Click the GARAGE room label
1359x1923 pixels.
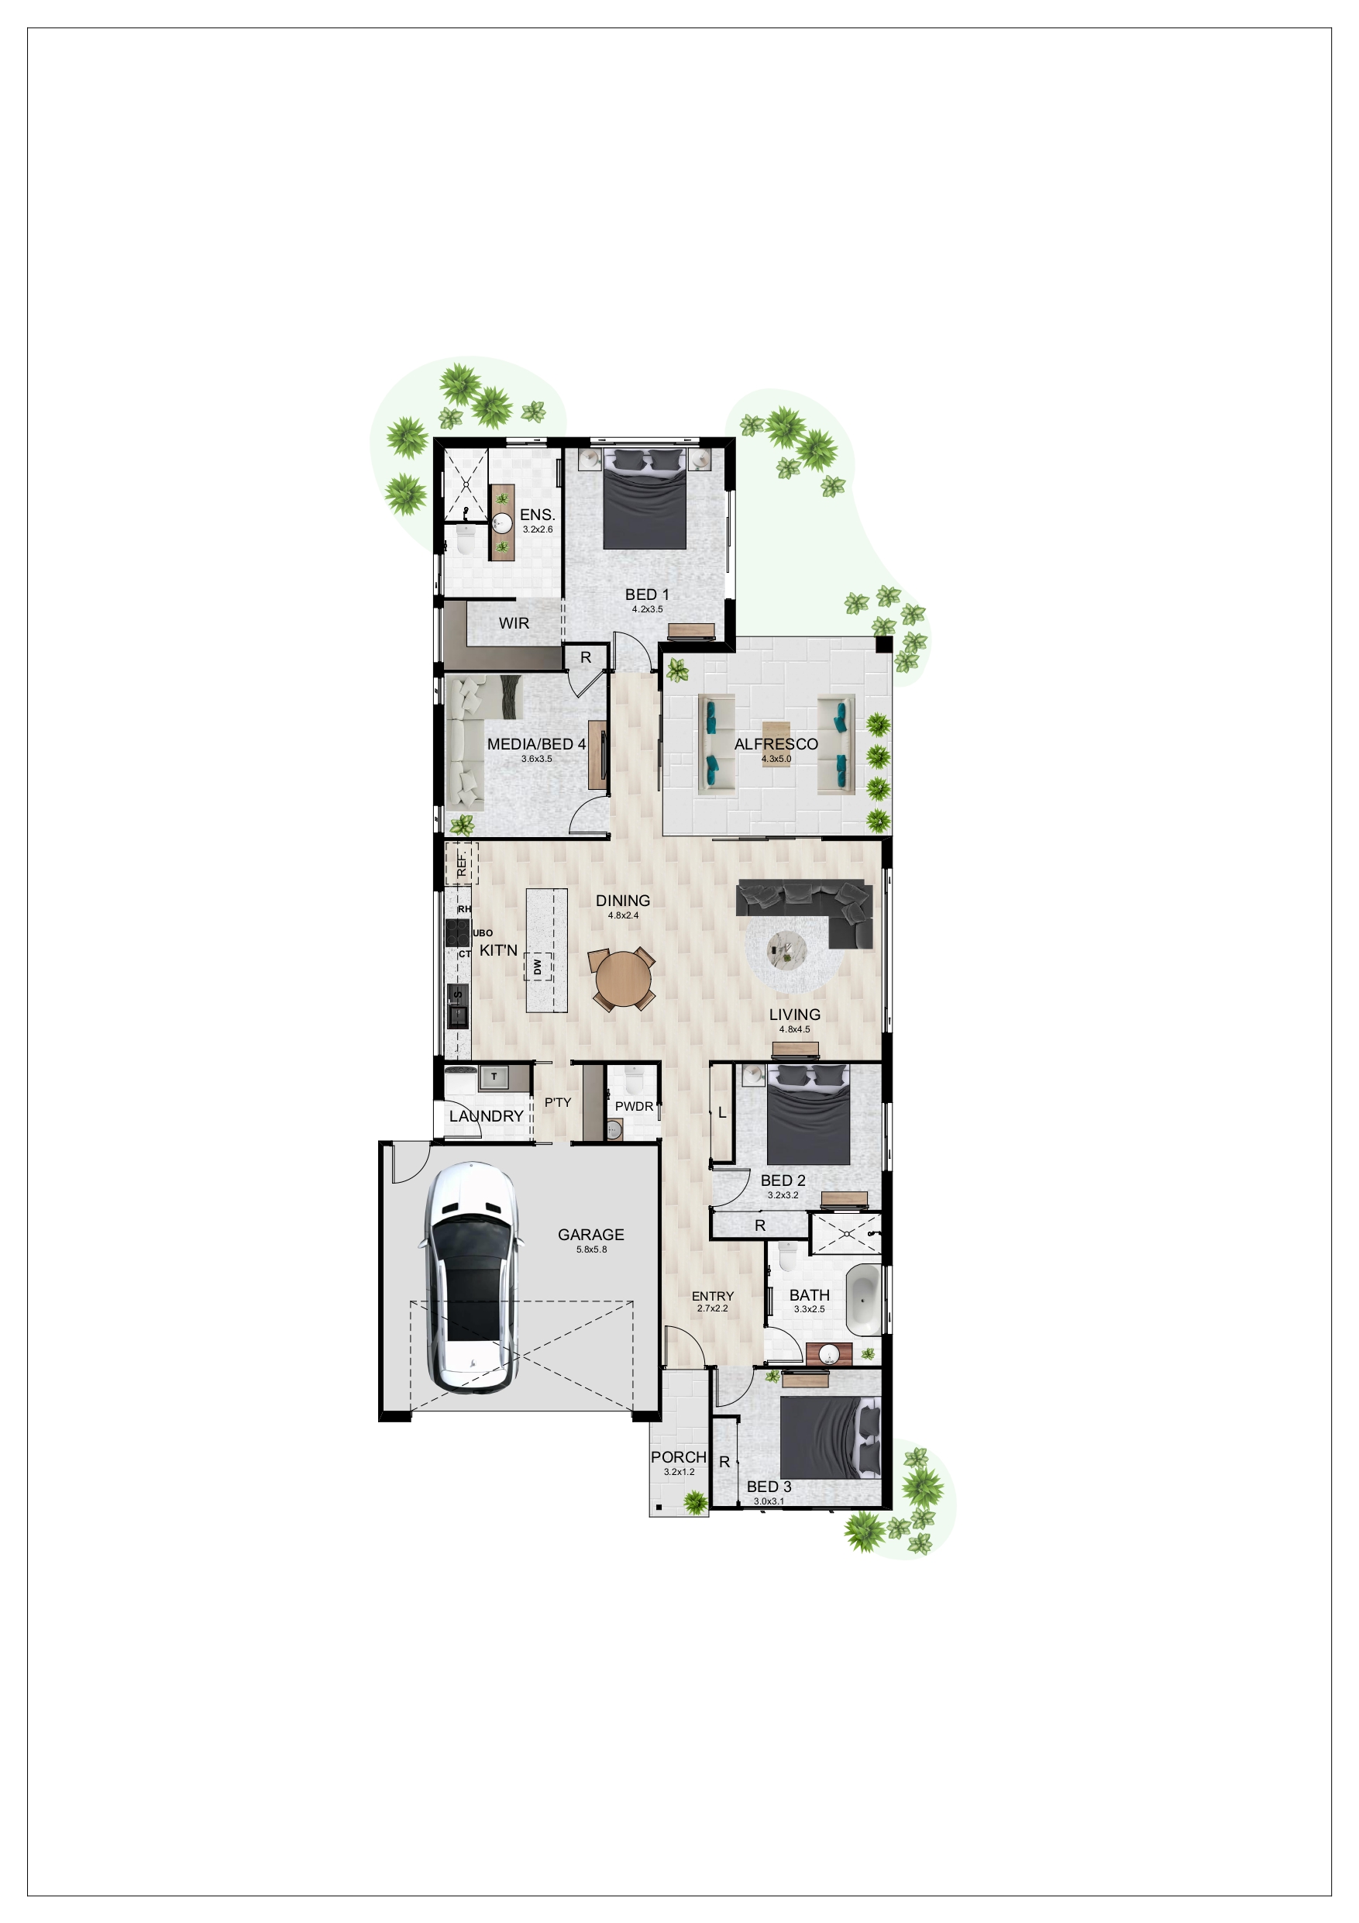coord(590,1235)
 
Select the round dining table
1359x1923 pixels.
coord(623,979)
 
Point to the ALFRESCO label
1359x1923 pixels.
coord(776,744)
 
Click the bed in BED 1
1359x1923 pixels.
coord(645,499)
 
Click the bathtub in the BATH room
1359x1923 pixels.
coord(864,1299)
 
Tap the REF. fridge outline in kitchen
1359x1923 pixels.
coord(461,863)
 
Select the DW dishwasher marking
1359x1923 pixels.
coord(538,967)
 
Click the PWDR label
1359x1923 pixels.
coord(634,1106)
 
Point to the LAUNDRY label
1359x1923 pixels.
coord(486,1115)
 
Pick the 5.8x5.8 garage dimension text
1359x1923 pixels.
coord(591,1249)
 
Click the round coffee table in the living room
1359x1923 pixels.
coord(787,949)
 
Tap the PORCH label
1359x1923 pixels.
coord(678,1457)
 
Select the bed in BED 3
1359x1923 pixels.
coord(830,1438)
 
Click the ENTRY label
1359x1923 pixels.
coord(713,1296)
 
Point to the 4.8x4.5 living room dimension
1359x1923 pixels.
coord(795,1029)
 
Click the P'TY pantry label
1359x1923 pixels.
coord(558,1102)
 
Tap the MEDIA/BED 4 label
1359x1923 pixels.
coord(537,744)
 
